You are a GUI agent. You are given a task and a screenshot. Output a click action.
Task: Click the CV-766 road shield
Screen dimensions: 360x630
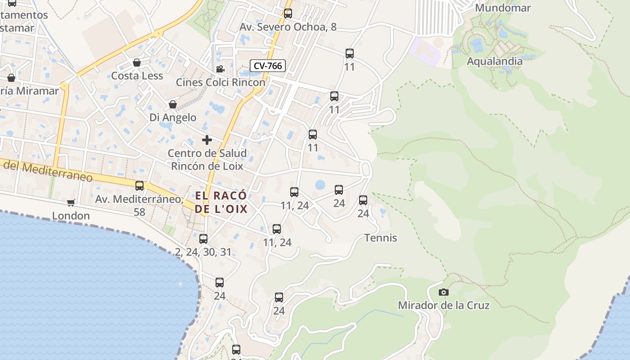click(x=268, y=66)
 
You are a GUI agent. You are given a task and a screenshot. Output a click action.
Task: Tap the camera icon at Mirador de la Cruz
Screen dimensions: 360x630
click(x=444, y=292)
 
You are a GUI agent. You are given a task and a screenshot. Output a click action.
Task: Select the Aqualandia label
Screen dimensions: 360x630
click(x=495, y=61)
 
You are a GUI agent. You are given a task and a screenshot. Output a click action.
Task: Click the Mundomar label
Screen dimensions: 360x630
click(x=503, y=8)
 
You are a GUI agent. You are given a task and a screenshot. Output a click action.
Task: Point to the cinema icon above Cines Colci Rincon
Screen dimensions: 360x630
click(x=220, y=69)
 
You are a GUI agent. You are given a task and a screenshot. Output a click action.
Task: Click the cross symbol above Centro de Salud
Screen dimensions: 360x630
click(x=207, y=140)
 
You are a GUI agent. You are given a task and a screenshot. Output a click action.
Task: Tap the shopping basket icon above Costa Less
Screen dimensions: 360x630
click(x=137, y=63)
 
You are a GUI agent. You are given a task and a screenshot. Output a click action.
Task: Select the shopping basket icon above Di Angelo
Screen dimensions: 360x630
click(x=173, y=105)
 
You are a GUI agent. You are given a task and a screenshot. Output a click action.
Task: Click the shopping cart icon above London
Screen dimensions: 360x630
click(x=71, y=203)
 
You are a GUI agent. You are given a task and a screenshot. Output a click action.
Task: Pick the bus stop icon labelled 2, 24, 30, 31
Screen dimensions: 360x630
click(x=203, y=238)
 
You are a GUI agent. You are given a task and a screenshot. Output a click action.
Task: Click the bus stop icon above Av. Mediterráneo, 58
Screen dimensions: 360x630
click(x=139, y=185)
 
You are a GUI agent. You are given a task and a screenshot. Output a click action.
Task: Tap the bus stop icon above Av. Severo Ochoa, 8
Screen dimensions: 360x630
click(x=288, y=13)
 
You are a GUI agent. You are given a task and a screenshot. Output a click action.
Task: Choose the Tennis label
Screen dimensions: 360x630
click(x=381, y=238)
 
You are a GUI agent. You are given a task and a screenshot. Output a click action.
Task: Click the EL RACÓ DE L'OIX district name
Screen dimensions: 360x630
click(x=221, y=202)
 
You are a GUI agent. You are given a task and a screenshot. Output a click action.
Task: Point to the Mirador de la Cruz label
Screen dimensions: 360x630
click(x=444, y=305)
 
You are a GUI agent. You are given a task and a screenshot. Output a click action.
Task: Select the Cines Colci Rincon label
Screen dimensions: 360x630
click(x=220, y=82)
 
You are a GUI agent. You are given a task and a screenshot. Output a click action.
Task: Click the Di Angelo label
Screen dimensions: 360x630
click(x=173, y=117)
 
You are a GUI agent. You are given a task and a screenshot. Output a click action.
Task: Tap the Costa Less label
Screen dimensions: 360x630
click(x=137, y=76)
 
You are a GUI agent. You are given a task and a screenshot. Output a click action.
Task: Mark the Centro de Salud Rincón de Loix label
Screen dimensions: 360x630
click(x=207, y=159)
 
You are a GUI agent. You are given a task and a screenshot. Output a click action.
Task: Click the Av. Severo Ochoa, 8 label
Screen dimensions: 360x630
click(x=288, y=27)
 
